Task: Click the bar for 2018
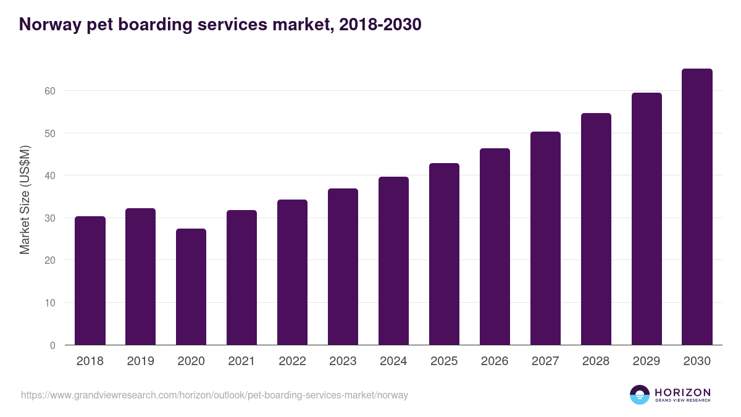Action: pos(90,281)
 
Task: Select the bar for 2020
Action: pos(191,287)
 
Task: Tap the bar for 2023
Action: pos(343,267)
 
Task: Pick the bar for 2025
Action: pos(444,255)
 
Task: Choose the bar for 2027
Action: pos(545,238)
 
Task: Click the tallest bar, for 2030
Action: pos(697,207)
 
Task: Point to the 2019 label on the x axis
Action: pos(141,361)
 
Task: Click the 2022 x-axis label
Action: pos(292,361)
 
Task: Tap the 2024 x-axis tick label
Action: pos(393,361)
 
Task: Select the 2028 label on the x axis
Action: pos(596,361)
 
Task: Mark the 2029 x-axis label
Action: pos(647,361)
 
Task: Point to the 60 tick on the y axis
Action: pos(49,91)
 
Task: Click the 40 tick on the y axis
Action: pos(49,175)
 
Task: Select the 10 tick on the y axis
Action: pos(49,303)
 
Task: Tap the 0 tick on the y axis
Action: pos(52,345)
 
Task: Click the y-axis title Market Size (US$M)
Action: pos(25,199)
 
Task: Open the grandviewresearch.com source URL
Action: pos(214,395)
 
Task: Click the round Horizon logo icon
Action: pos(640,395)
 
